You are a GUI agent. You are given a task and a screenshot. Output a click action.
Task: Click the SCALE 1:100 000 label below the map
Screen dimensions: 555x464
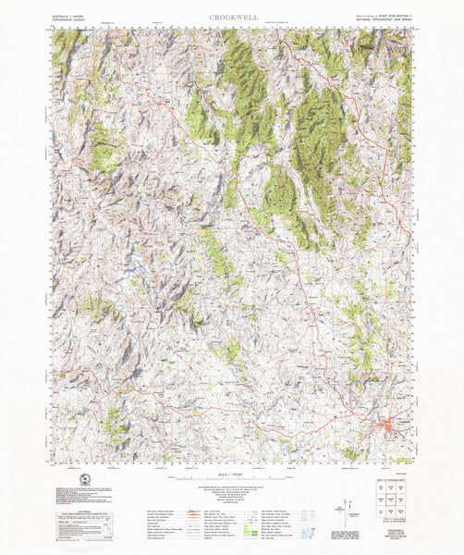[232, 472]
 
